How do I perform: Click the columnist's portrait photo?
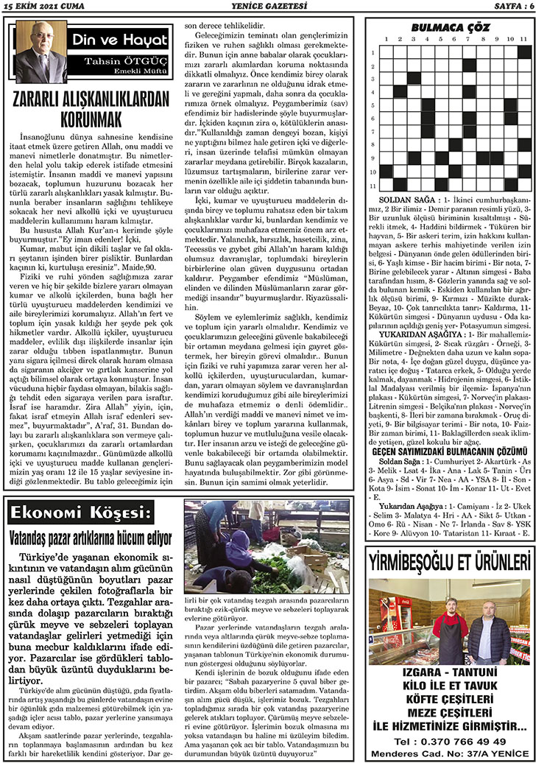pos(35,52)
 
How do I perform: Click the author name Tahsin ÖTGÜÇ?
pos(133,60)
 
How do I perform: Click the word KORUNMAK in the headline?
pos(93,118)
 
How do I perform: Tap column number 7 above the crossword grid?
pos(467,39)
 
